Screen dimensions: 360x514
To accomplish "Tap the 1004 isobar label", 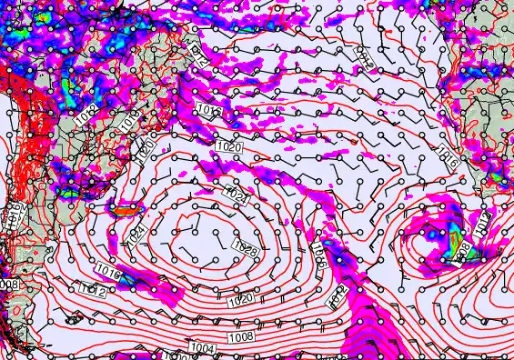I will [202, 348].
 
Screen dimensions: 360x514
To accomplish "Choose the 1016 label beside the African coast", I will [447, 152].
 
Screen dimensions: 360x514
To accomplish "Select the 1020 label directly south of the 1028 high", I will [238, 299].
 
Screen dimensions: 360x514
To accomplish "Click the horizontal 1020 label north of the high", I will [229, 145].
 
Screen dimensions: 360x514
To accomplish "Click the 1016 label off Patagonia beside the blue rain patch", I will [107, 271].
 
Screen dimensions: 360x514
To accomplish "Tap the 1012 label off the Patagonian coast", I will [90, 290].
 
